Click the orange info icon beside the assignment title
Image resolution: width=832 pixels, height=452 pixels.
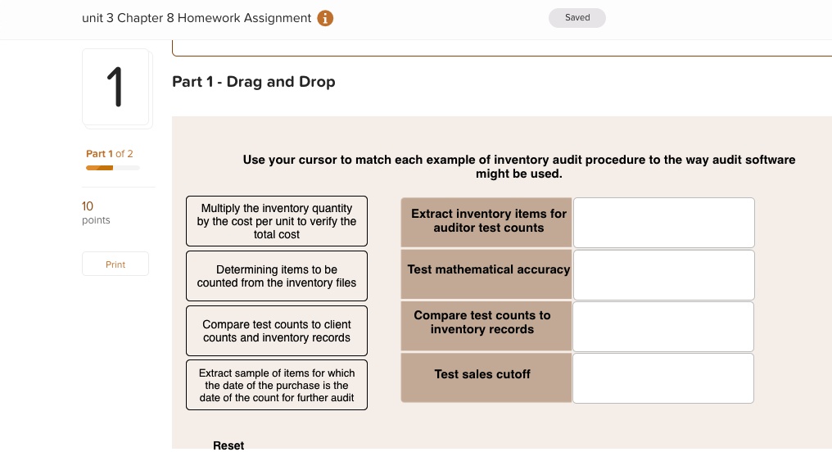(325, 18)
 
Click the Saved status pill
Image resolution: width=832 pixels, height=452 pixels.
(577, 18)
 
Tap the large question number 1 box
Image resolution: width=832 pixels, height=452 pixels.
(116, 88)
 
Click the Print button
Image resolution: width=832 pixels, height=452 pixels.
(115, 264)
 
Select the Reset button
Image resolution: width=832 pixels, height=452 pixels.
(228, 445)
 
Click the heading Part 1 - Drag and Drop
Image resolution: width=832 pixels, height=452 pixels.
(254, 82)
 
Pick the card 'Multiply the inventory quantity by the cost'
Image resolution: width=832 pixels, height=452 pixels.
(277, 221)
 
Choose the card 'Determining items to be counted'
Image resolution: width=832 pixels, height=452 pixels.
(277, 276)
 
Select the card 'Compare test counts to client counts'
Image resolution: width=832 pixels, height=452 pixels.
(277, 331)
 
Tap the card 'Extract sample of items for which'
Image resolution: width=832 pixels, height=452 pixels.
(277, 385)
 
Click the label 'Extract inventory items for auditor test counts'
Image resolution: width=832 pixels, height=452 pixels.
(488, 221)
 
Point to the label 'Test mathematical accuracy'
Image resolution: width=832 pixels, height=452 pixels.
(488, 269)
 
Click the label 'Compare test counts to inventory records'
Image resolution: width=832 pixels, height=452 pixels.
(483, 323)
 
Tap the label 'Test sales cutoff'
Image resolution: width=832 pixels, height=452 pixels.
(483, 374)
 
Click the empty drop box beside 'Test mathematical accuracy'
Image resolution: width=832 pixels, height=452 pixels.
(663, 275)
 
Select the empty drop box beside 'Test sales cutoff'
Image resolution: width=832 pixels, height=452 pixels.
(663, 378)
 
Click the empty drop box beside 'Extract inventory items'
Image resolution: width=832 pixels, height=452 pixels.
(663, 222)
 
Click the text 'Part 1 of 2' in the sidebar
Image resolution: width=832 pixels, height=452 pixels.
(110, 154)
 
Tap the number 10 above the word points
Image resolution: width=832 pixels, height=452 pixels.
(88, 206)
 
